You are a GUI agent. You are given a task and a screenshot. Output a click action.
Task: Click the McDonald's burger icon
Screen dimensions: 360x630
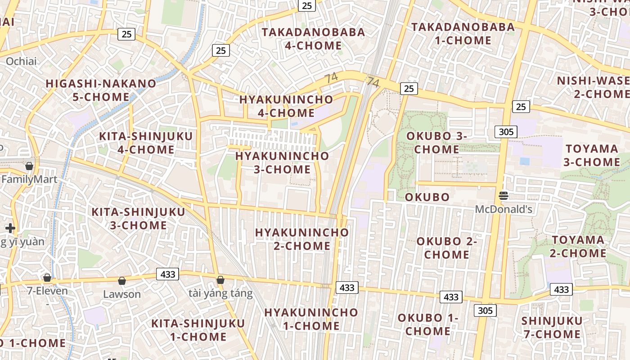coord(504,196)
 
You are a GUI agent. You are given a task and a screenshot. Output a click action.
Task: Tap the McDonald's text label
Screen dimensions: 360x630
coord(504,209)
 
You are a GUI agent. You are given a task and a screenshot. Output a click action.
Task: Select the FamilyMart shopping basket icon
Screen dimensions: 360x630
coord(29,166)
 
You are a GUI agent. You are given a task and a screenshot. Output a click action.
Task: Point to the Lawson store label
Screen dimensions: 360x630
coord(122,294)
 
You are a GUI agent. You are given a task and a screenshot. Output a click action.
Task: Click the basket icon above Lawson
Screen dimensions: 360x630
coord(121,281)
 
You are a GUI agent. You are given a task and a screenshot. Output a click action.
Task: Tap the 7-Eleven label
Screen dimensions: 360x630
coord(47,291)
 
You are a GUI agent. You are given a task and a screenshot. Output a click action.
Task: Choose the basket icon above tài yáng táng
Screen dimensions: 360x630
coord(220,280)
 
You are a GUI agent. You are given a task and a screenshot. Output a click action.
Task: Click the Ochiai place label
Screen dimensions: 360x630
coord(21,61)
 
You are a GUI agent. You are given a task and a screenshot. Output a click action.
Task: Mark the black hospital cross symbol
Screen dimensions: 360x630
coord(10,228)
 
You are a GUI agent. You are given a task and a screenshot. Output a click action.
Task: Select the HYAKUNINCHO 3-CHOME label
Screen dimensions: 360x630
coord(282,162)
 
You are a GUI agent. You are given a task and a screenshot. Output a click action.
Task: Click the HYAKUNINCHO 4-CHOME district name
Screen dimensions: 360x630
coord(286,106)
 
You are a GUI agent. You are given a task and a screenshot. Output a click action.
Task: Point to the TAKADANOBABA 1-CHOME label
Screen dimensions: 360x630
coord(463,34)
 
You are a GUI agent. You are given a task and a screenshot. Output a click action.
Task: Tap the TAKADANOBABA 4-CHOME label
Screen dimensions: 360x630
coord(313,39)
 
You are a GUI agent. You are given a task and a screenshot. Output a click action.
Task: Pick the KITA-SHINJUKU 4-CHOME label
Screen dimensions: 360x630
coord(146,143)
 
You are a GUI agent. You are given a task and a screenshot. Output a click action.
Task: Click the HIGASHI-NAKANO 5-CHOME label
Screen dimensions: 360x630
coord(101,90)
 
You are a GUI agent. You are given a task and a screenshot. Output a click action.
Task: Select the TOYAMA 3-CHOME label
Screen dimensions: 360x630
coord(593,155)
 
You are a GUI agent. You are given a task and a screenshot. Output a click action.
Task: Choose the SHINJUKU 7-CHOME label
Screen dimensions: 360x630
coord(552,327)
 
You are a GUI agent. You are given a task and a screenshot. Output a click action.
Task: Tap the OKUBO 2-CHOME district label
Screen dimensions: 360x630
coord(446,247)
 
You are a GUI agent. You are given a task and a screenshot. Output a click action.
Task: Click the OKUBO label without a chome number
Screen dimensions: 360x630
coord(427,197)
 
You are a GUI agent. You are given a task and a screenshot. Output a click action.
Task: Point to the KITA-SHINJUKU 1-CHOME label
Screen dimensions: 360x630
coord(198,330)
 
